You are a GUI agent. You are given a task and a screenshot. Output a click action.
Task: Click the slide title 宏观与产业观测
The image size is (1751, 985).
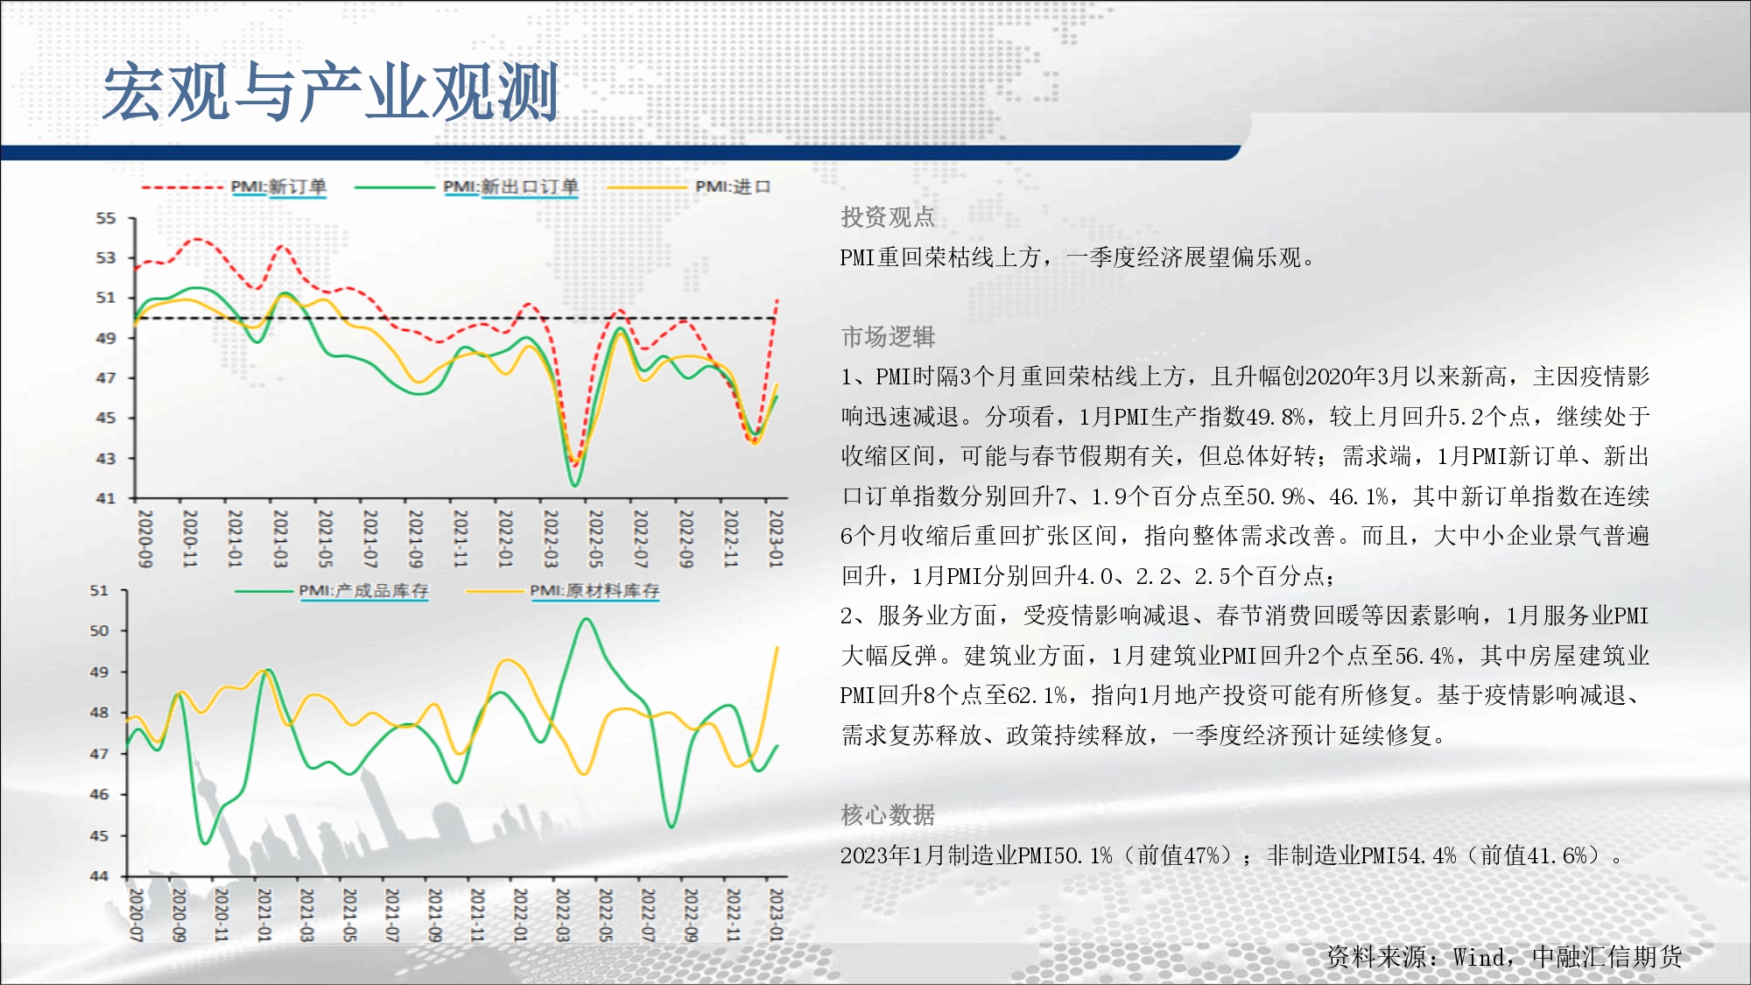tap(330, 92)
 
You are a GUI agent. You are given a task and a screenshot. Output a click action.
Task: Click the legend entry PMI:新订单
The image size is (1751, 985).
tap(278, 186)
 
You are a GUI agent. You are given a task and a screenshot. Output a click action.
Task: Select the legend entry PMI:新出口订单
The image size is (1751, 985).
tap(510, 186)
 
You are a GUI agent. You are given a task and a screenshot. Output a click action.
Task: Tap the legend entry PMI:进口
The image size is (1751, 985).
tap(733, 186)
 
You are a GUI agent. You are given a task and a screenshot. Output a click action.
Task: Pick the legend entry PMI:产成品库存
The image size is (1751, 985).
tap(363, 591)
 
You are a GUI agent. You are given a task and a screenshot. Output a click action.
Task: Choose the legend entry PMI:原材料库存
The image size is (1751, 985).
tap(594, 591)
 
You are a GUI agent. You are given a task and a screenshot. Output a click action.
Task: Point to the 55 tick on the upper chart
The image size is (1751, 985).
tap(106, 218)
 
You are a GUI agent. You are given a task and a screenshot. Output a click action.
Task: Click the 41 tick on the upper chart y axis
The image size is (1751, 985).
tap(106, 498)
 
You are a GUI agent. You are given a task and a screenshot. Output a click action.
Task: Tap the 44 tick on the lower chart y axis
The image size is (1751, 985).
tap(100, 876)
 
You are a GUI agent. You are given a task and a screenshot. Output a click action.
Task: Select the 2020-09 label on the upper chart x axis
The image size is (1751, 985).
tap(145, 538)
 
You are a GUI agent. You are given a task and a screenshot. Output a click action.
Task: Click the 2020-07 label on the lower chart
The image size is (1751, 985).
tap(137, 915)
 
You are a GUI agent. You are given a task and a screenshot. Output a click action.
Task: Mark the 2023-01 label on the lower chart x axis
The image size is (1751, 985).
tap(776, 915)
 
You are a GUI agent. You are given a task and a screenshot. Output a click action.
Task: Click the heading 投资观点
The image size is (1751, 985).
tap(888, 217)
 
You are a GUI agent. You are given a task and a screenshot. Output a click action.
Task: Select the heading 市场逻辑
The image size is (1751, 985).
tap(888, 337)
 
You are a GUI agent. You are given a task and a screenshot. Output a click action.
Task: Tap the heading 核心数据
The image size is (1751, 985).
tap(888, 815)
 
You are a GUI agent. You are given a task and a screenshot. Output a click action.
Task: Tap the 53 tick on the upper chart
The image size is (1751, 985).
tap(106, 257)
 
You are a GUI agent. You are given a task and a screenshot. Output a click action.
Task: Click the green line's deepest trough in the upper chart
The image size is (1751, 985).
tap(574, 484)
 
